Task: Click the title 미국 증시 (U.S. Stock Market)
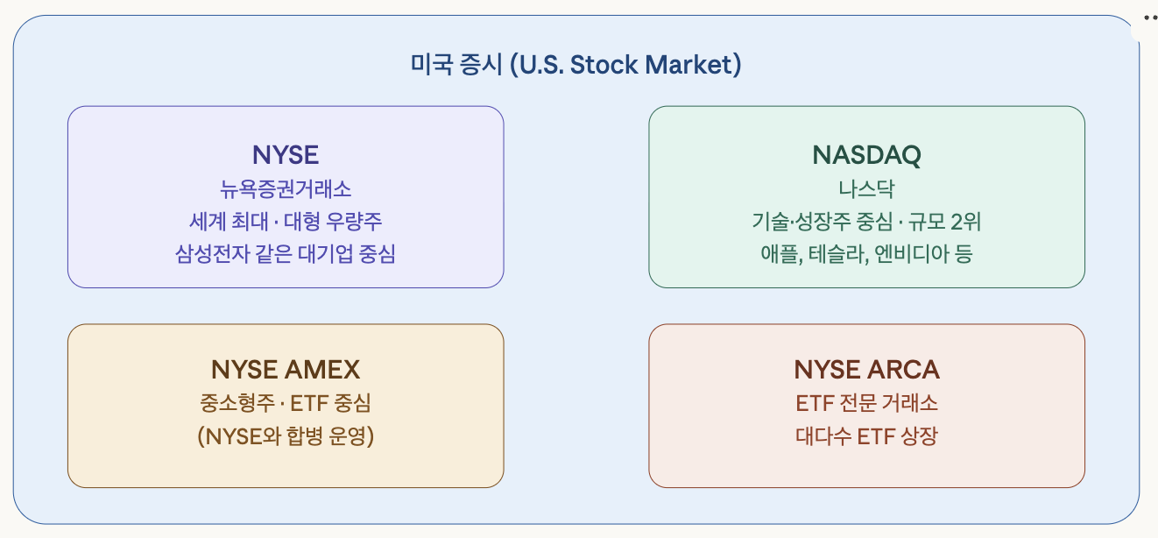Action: (576, 65)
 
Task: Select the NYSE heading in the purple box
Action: (286, 155)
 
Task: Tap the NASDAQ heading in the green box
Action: (866, 155)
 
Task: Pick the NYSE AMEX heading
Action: (286, 369)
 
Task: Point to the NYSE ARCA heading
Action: (866, 369)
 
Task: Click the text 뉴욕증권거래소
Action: (286, 188)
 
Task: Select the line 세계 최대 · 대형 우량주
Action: (286, 221)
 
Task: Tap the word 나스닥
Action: (866, 188)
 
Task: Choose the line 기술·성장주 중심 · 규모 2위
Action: (866, 221)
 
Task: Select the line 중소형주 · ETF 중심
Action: (286, 403)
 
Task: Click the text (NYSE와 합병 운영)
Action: (286, 435)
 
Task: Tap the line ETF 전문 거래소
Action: (866, 403)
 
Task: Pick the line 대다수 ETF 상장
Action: (866, 435)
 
